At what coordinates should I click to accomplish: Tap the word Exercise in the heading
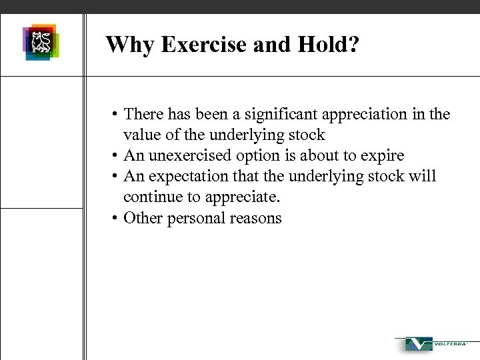(192, 45)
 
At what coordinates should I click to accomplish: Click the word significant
(277, 115)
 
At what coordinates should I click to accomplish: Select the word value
(141, 135)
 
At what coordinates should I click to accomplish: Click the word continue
(149, 197)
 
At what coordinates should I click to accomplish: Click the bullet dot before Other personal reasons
(115, 218)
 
